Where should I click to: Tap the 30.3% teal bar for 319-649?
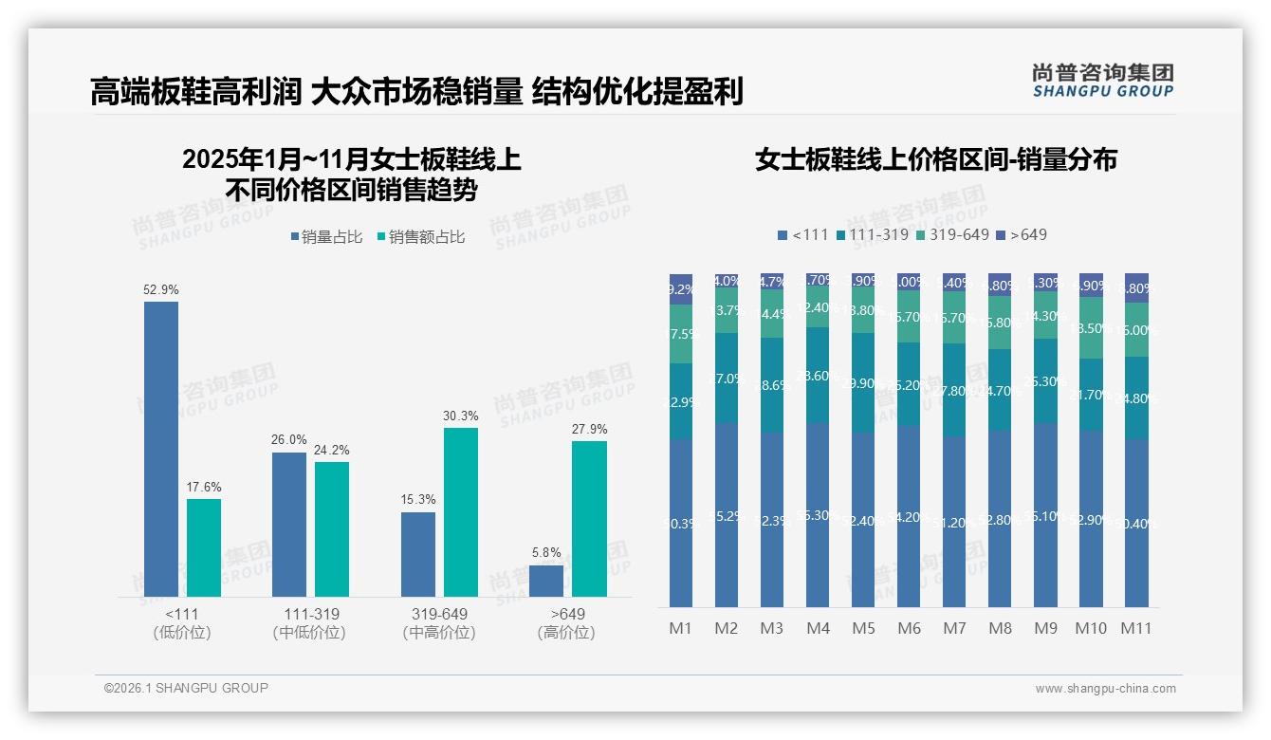(461, 511)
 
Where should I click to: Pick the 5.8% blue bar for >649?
(546, 581)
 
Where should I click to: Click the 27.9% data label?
(590, 429)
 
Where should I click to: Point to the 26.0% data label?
(289, 440)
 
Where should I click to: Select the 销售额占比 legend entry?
(420, 237)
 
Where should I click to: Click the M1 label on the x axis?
(681, 628)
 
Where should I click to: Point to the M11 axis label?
(1136, 628)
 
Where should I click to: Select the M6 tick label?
(909, 628)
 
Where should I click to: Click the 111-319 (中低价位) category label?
(310, 623)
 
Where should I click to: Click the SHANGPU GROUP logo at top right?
(1102, 81)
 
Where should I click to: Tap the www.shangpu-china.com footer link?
(1105, 689)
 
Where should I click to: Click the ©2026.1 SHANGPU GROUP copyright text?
(186, 688)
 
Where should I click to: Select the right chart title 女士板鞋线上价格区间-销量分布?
(935, 159)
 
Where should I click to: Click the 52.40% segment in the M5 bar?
(863, 520)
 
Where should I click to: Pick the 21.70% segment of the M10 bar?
(1091, 395)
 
